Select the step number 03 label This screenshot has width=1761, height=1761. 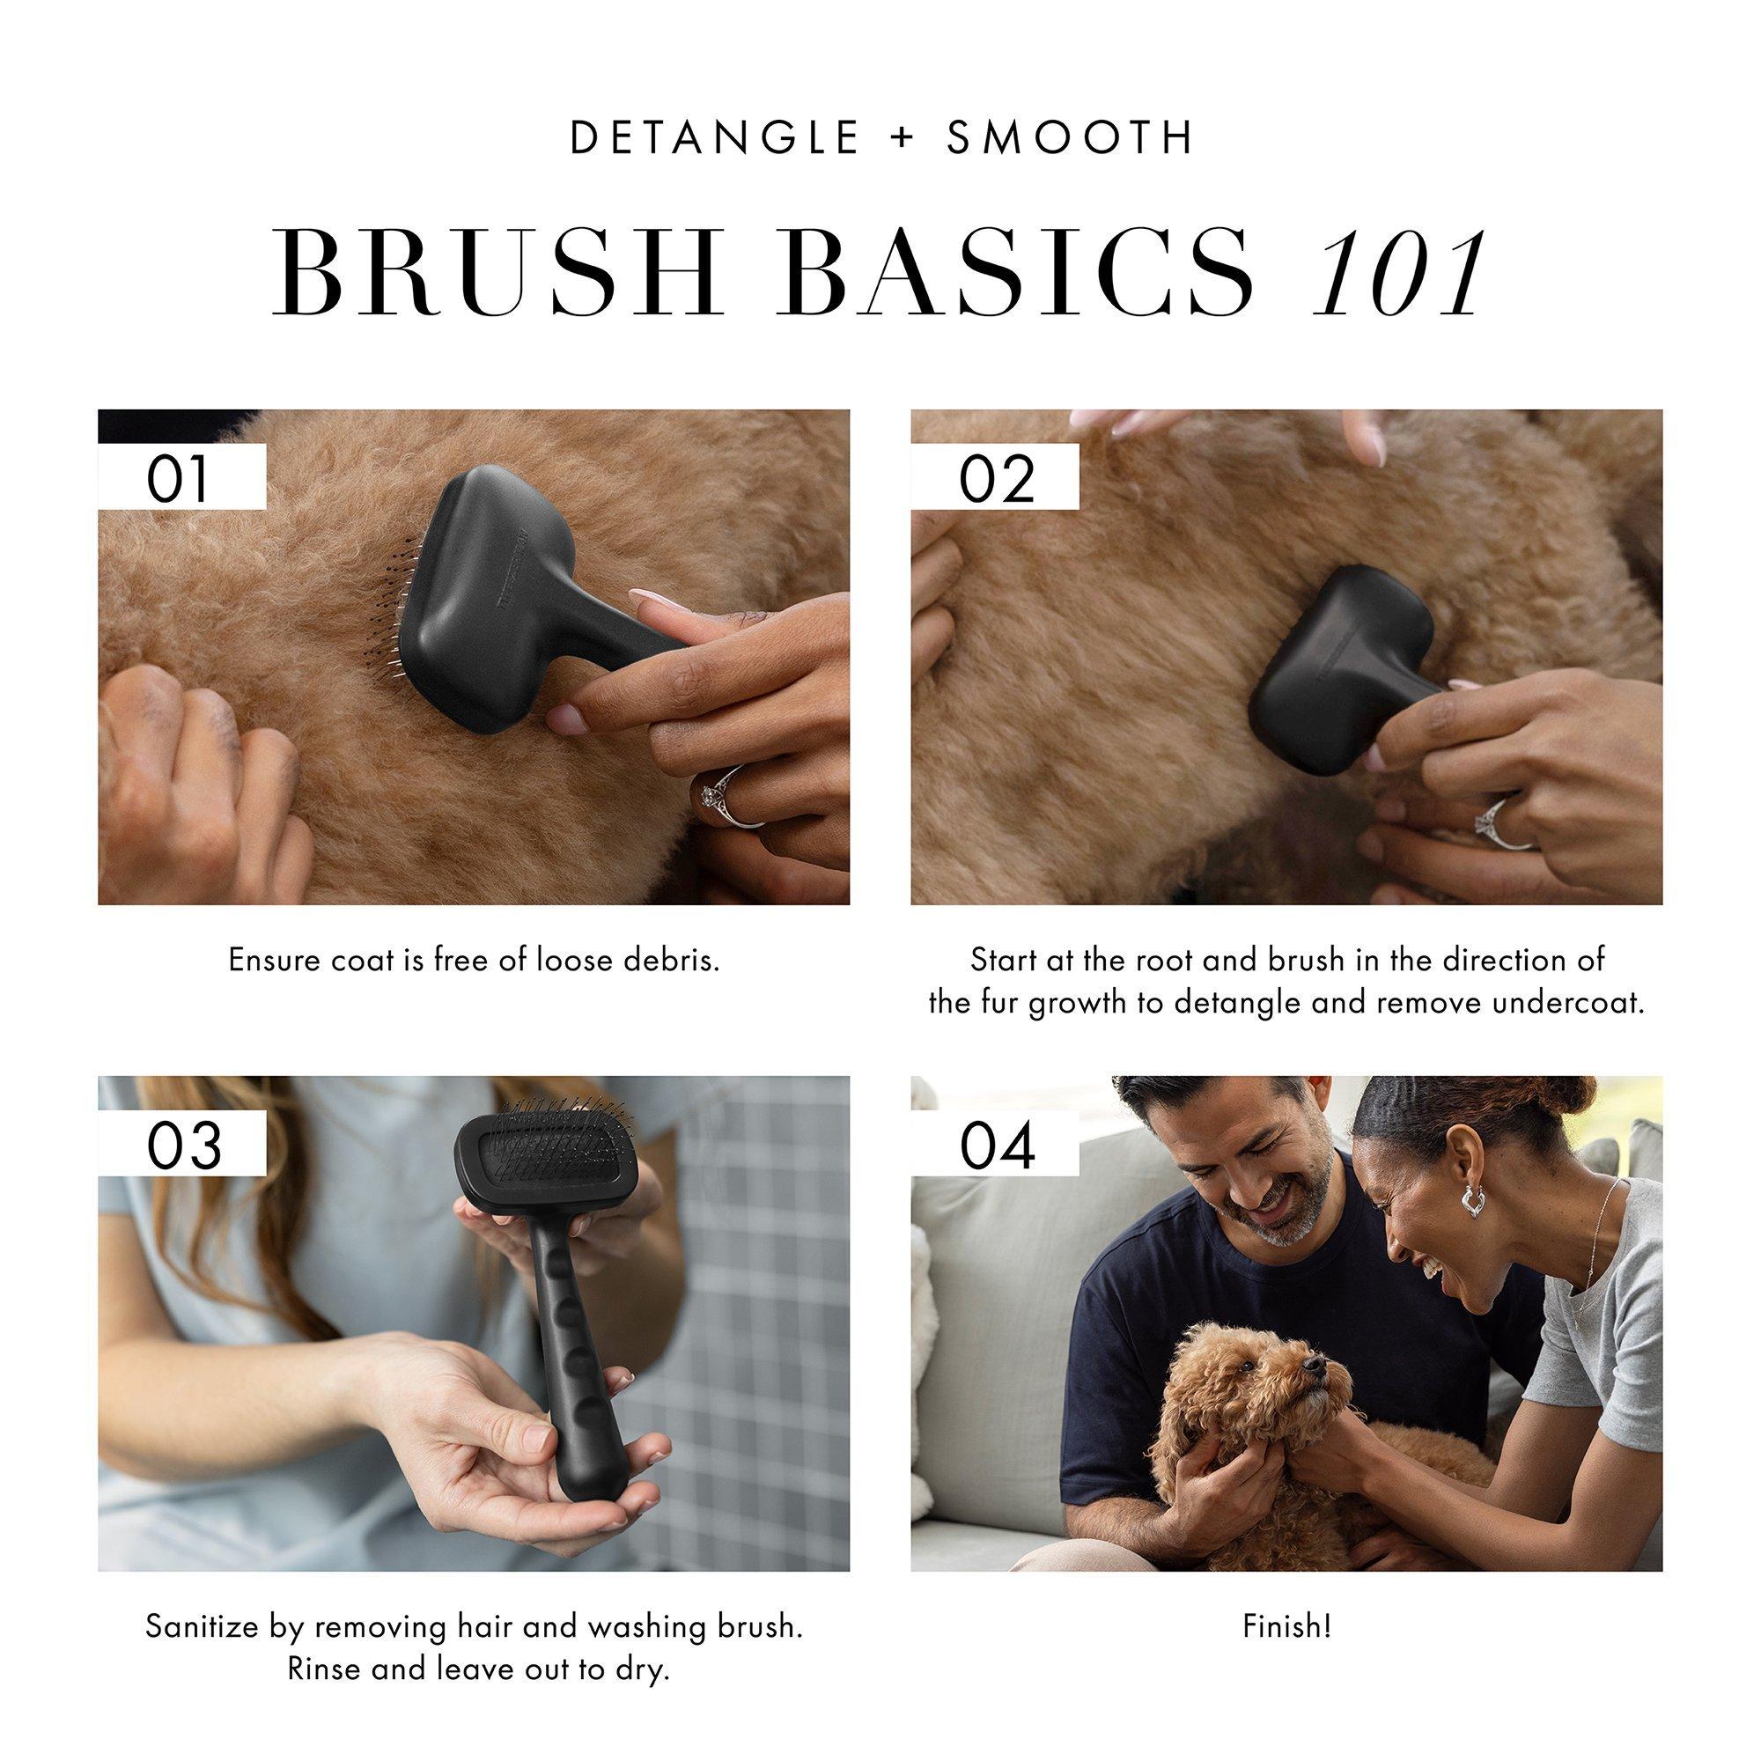184,1146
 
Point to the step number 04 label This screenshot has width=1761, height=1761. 998,1146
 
